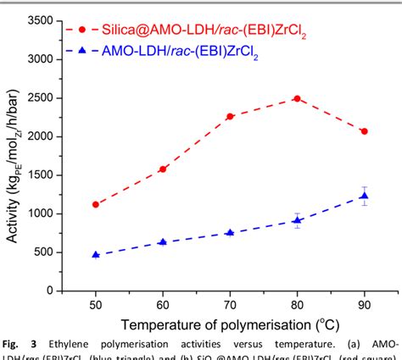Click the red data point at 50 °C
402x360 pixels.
coord(96,204)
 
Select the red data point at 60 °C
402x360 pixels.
coord(163,169)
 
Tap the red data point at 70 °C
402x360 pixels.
coord(230,116)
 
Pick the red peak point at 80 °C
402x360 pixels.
coord(296,98)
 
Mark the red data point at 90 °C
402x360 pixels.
coord(364,131)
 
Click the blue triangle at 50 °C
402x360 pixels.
coord(96,254)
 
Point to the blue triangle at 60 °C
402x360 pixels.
coord(163,242)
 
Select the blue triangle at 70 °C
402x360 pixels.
coord(230,232)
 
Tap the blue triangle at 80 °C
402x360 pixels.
coord(296,220)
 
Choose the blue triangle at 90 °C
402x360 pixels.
coord(364,196)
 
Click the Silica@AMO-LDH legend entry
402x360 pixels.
coord(195,30)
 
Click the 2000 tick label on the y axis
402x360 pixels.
coord(43,136)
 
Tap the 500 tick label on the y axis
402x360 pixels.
coord(46,252)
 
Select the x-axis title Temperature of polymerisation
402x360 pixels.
coord(228,324)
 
